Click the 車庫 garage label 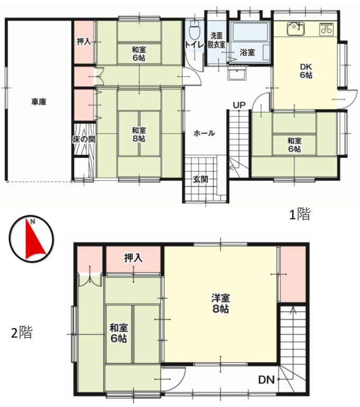(x=38, y=102)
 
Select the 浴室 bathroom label (x=247, y=52)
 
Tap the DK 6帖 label (x=306, y=71)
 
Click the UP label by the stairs (x=239, y=105)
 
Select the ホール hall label (x=204, y=133)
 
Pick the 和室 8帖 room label (x=139, y=134)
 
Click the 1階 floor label (x=299, y=215)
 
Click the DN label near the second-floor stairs (x=266, y=380)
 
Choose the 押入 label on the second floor (x=133, y=258)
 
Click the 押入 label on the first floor (x=84, y=42)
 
